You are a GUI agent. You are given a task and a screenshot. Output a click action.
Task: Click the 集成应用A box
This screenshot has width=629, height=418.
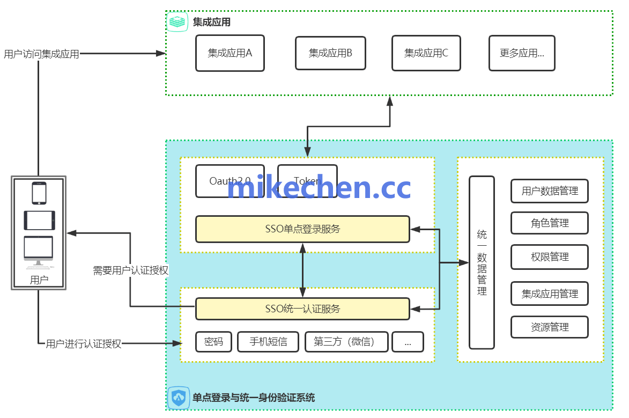point(230,53)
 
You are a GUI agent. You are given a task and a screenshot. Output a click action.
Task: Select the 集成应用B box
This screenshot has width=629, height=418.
point(330,53)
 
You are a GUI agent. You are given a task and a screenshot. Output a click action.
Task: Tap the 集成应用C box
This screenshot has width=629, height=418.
point(426,53)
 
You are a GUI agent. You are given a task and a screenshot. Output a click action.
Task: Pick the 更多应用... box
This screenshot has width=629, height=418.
point(522,53)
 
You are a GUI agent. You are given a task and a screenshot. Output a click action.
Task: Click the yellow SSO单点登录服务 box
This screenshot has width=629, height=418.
point(302,229)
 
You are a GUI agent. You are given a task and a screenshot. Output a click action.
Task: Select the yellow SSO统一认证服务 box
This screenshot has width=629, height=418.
point(302,309)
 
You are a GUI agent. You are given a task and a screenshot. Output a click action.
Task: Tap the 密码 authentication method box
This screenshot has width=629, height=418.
point(213,342)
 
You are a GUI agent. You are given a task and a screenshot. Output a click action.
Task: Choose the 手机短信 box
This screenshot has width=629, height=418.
point(268,342)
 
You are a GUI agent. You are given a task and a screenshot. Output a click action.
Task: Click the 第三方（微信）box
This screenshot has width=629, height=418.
point(346,342)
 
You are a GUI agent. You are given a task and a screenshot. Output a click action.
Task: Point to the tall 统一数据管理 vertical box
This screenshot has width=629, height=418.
point(482,262)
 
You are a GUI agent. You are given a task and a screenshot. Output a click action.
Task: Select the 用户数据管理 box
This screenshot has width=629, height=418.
point(550,191)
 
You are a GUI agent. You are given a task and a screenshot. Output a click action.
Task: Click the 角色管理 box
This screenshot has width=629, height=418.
point(550,223)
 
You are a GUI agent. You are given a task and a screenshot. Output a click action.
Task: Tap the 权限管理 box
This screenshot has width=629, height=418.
point(550,257)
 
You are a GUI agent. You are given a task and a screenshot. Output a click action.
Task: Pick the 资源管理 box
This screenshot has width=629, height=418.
point(550,327)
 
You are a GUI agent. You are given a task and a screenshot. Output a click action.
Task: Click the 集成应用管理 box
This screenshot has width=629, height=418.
point(550,294)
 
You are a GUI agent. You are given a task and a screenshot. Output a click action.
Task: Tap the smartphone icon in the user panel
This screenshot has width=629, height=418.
point(39,193)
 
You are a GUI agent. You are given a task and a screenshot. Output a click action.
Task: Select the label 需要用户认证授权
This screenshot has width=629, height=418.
point(131,270)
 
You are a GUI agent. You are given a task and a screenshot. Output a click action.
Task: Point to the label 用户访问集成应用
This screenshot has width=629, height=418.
point(41,54)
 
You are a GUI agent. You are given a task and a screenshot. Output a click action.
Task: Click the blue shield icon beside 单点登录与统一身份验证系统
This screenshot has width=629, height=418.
point(178,398)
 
